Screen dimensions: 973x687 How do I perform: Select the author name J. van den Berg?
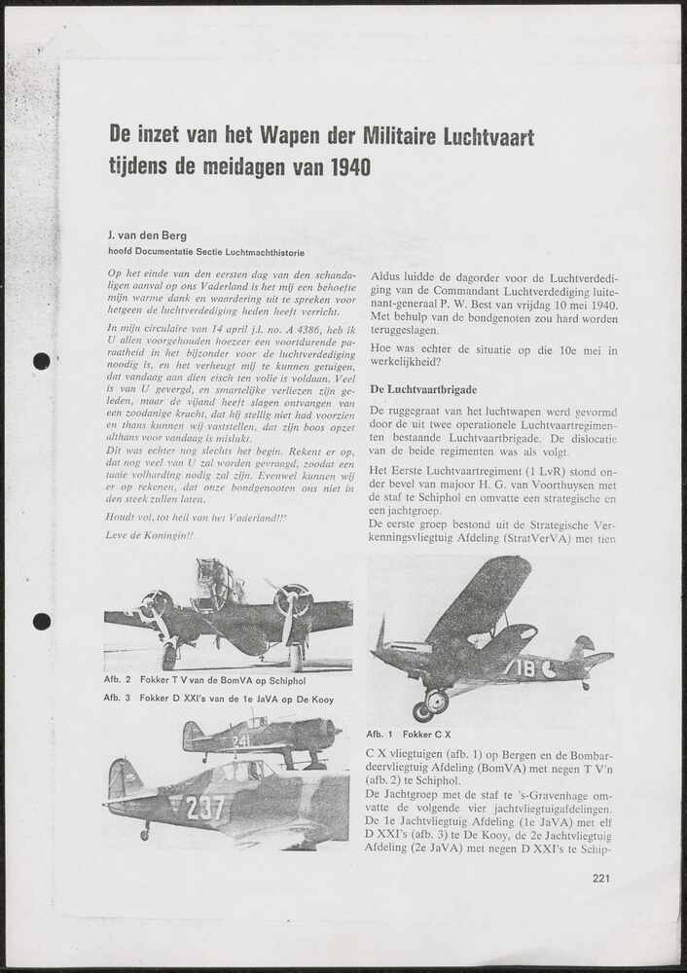coord(156,236)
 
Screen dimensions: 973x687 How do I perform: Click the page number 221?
coord(600,879)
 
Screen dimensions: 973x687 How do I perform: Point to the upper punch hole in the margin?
coord(41,361)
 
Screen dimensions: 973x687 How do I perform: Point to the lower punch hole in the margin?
coord(41,621)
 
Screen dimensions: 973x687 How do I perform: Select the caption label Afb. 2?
coord(118,679)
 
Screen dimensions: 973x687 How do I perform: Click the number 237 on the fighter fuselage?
coord(204,808)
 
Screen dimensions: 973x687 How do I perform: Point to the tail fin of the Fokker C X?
coord(583,648)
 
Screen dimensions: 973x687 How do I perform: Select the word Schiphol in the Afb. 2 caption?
coord(306,679)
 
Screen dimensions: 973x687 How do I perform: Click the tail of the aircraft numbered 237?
coord(124,780)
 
